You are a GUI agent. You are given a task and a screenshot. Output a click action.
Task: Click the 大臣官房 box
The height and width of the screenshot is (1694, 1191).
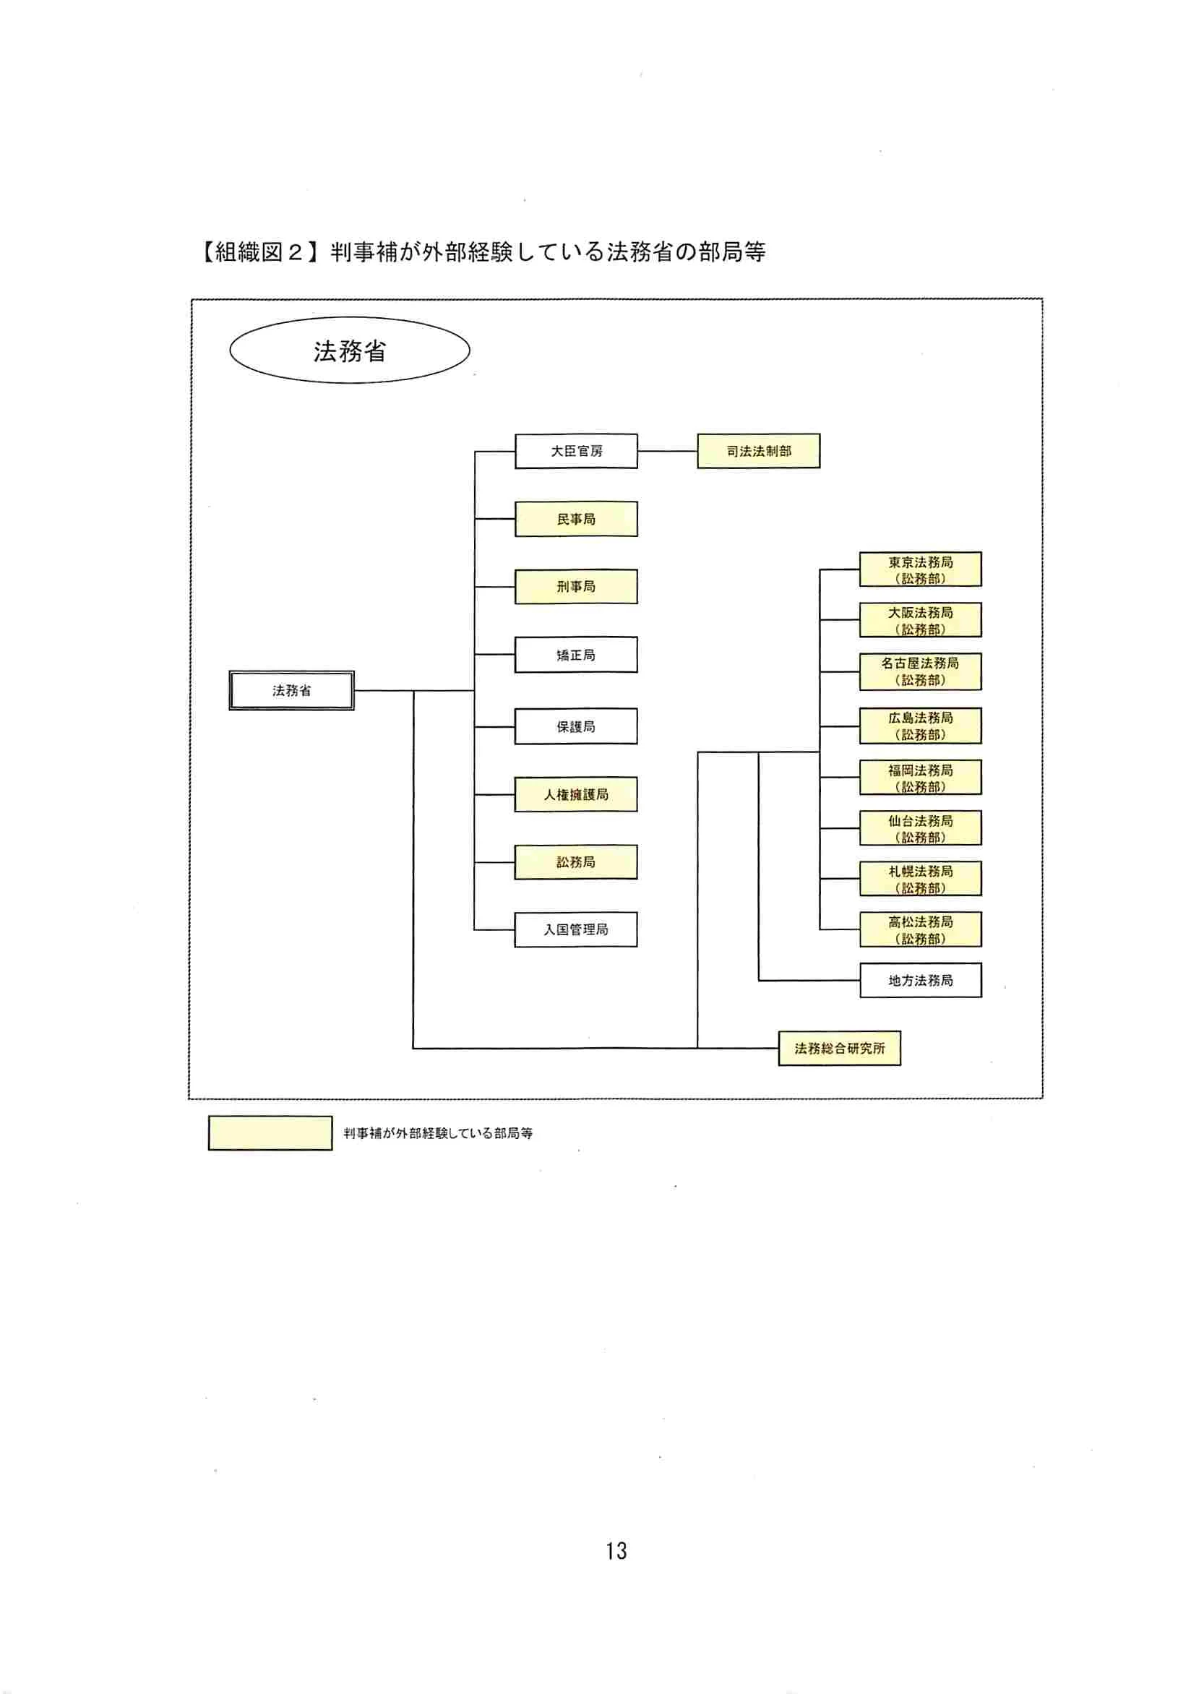(x=575, y=451)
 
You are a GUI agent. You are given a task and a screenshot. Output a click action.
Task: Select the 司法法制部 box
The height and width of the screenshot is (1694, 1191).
(x=758, y=451)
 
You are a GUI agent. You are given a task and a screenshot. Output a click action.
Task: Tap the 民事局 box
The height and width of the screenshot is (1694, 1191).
(x=575, y=519)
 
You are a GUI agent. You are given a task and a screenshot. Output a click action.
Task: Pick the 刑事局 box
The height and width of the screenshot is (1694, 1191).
(x=575, y=587)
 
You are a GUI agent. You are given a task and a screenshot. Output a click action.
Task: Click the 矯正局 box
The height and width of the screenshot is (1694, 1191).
(x=575, y=655)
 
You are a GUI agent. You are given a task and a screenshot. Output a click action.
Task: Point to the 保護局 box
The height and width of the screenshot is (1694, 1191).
(x=575, y=726)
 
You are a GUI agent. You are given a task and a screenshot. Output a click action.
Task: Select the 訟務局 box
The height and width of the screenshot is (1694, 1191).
(x=575, y=861)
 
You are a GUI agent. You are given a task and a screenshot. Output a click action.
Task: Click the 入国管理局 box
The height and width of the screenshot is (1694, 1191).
(x=575, y=929)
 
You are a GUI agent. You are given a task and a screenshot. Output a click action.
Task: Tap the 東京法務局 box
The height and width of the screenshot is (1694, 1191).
(x=920, y=569)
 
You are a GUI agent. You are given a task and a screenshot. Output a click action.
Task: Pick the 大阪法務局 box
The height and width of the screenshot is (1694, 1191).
(x=920, y=620)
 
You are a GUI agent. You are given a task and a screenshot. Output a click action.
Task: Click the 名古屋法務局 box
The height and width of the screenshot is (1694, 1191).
(x=920, y=671)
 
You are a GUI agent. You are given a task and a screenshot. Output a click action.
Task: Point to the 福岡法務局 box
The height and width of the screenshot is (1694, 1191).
(x=920, y=778)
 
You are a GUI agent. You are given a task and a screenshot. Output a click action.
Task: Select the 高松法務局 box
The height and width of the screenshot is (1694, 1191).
(x=920, y=929)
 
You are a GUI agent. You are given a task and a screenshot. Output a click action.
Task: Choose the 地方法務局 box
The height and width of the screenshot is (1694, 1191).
(x=920, y=981)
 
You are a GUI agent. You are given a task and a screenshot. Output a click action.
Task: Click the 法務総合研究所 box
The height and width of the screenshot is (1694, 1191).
(x=839, y=1049)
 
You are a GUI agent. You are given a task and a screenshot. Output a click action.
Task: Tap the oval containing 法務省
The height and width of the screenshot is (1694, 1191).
(x=350, y=351)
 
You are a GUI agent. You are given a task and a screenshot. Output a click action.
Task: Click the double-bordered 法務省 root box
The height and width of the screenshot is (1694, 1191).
(x=291, y=691)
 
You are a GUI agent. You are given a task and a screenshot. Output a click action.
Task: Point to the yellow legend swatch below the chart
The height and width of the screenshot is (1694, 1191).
(x=270, y=1132)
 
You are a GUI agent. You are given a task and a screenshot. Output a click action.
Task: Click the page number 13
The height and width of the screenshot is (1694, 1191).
(x=616, y=1551)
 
